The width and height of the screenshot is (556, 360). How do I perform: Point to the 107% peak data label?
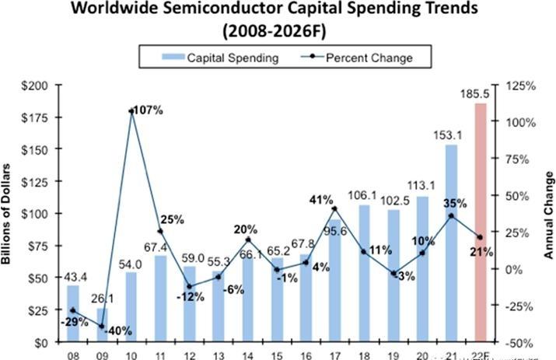[148, 110]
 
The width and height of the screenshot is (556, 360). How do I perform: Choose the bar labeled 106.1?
[364, 273]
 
